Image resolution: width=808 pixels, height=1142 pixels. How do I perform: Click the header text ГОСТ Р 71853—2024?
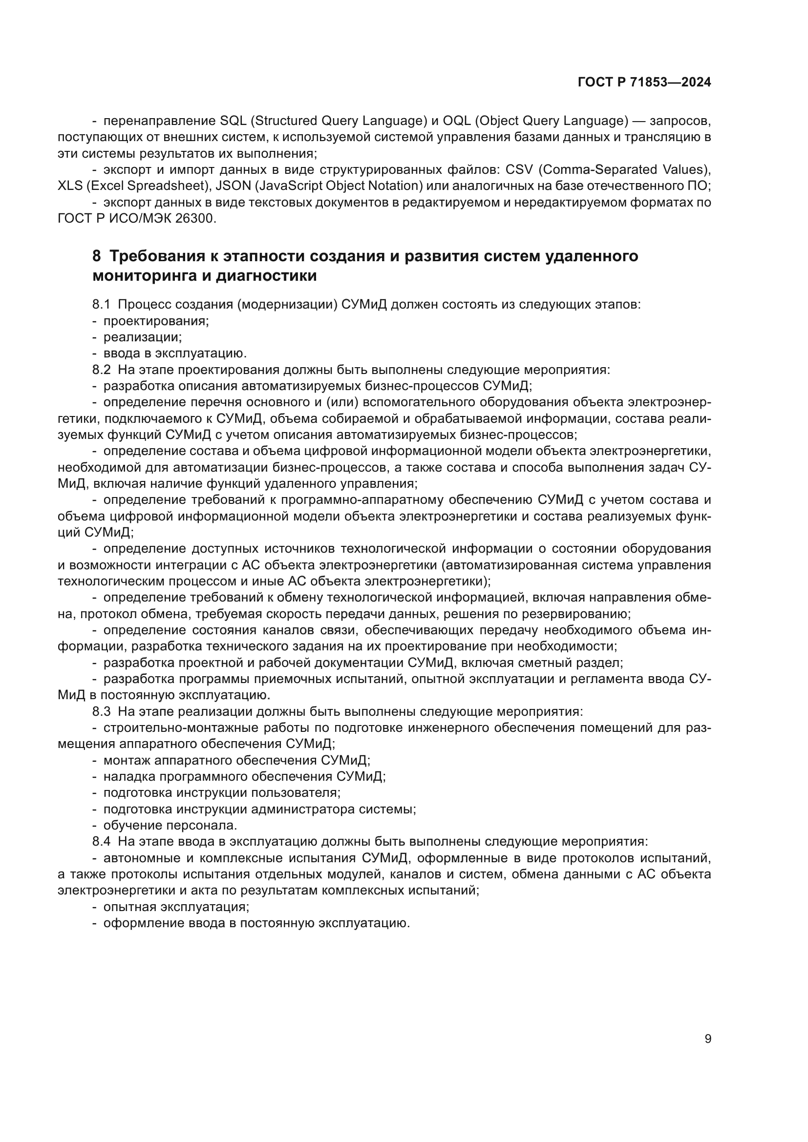point(644,83)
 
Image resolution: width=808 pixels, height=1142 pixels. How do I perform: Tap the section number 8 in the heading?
point(97,256)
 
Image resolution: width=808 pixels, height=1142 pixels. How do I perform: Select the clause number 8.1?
point(101,304)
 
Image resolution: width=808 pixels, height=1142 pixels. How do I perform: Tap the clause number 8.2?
point(101,370)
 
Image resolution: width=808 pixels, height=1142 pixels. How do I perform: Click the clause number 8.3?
point(101,712)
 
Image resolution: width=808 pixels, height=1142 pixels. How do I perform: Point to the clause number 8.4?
point(101,842)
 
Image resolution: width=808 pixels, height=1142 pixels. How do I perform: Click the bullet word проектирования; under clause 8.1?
point(156,321)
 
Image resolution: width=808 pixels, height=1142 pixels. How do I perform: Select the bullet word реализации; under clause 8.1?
point(142,337)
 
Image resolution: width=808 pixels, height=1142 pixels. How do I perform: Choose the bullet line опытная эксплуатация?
point(176,907)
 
